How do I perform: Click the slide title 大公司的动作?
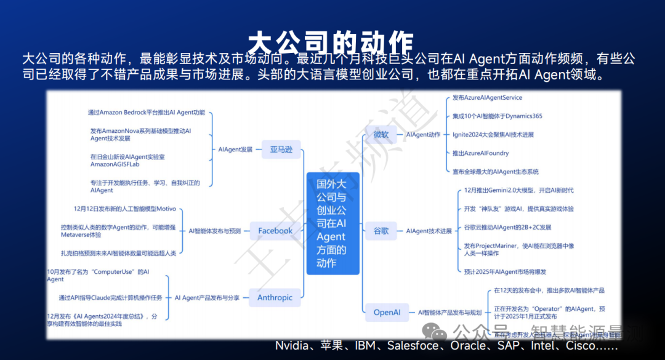click(331, 42)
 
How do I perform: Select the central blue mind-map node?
click(332, 223)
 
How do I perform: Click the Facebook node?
click(275, 231)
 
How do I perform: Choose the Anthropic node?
click(275, 297)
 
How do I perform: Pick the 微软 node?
click(381, 134)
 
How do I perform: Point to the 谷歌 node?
click(381, 231)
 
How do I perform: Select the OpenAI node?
click(387, 312)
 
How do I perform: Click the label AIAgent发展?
click(235, 149)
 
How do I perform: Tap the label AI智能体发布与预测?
click(214, 231)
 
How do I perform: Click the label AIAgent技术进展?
click(429, 231)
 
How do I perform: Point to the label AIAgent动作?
click(423, 134)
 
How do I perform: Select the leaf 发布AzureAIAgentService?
click(487, 98)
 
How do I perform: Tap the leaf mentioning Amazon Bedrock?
click(146, 113)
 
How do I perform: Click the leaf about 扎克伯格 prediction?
click(118, 253)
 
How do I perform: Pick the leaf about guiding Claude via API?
click(110, 297)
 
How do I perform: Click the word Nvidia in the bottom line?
click(291, 345)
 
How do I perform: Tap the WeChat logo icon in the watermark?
click(439, 333)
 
